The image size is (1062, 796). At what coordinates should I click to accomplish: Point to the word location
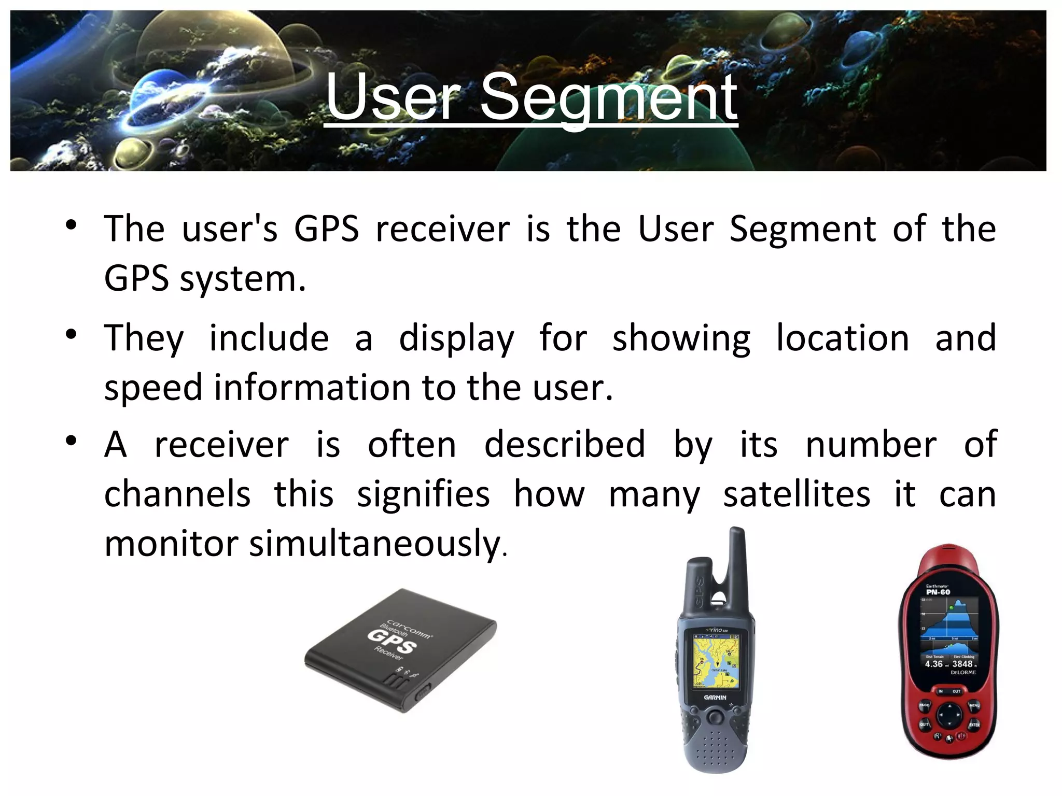click(x=842, y=338)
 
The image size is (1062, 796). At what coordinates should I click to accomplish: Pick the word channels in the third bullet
click(x=177, y=494)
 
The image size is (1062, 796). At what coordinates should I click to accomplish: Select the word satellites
click(x=796, y=494)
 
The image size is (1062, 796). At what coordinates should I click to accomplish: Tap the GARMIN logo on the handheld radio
click(x=715, y=698)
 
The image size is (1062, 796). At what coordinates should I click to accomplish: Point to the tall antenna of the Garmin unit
click(x=736, y=560)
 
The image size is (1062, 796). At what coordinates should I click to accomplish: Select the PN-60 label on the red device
click(x=938, y=592)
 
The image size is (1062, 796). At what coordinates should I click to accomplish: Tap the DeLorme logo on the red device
click(x=963, y=673)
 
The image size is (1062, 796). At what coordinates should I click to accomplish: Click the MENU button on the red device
click(x=974, y=705)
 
